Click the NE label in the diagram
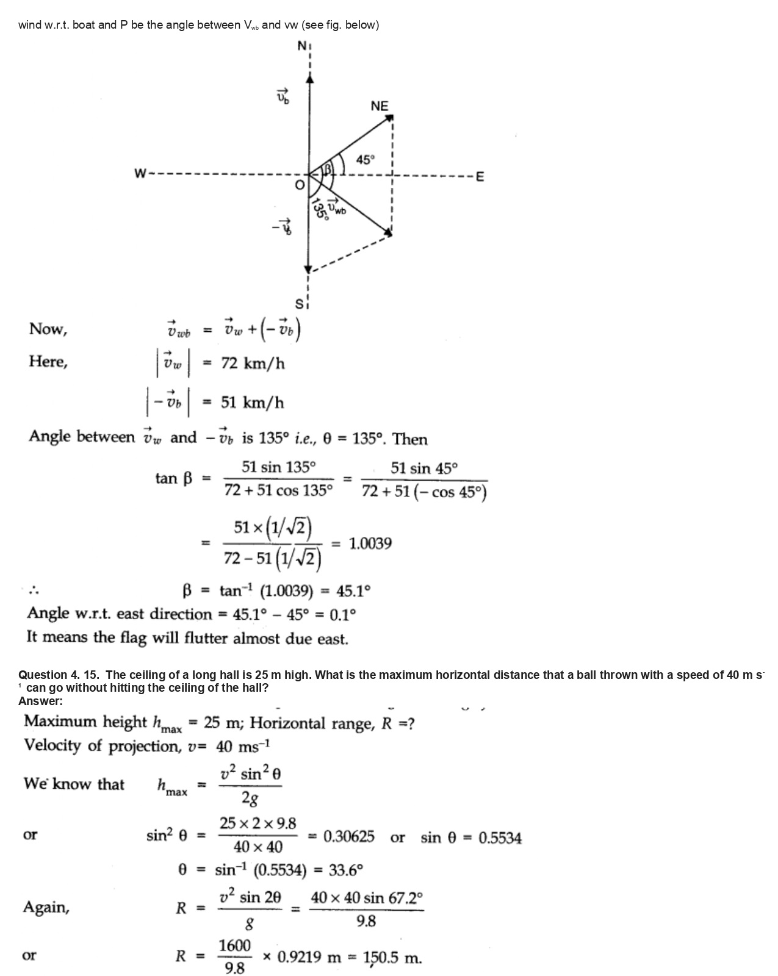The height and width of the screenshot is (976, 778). pos(379,106)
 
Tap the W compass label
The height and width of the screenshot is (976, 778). pos(140,174)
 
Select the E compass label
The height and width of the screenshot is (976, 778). pos(480,178)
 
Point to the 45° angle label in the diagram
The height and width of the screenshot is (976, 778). pos(365,160)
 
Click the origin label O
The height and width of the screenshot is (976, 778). pos(299,185)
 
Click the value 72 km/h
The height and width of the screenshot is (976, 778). pos(253,364)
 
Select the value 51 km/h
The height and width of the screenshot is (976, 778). pos(252,403)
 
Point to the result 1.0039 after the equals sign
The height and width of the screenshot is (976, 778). pos(370,544)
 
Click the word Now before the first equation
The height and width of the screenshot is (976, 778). pos(48,329)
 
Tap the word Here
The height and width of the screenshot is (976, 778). pos(48,362)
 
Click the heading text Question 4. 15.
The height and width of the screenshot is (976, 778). pos(59,675)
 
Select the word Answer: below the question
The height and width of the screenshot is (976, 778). pos(40,701)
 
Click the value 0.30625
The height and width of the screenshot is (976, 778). pos(348,836)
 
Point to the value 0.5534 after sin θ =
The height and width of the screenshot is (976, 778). pos(500,838)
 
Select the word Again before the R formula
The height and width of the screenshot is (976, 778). pos(46,908)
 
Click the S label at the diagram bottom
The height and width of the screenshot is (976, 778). pos(299,303)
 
